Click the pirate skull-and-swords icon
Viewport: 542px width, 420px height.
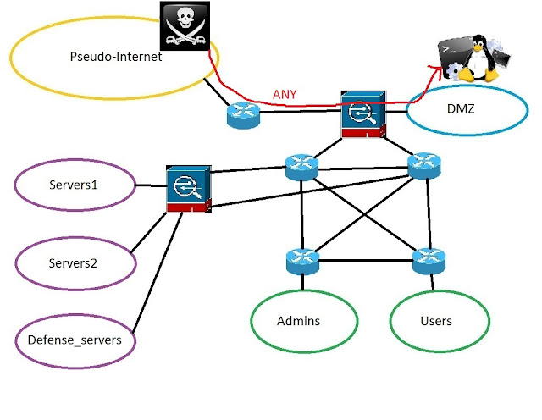coord(185,26)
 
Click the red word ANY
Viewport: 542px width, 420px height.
coord(285,94)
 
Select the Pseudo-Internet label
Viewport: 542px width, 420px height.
coord(116,57)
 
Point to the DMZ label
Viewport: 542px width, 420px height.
coord(461,109)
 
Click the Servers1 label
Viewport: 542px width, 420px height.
coord(74,185)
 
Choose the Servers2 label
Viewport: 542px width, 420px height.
coord(73,263)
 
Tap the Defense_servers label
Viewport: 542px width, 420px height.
coord(75,340)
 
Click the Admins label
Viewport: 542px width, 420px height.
coord(299,321)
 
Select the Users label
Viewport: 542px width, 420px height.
coord(436,321)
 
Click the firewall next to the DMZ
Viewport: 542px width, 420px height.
coord(363,115)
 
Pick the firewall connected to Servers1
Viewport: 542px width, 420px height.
coord(189,189)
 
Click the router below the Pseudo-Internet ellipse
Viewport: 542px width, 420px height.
coord(243,115)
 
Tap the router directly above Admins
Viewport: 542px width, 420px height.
coord(303,262)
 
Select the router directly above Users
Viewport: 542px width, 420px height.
coord(429,261)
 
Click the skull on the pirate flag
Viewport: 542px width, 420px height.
coord(185,17)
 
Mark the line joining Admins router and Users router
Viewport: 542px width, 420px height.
coord(366,261)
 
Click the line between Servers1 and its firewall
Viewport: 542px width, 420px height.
coord(151,185)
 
